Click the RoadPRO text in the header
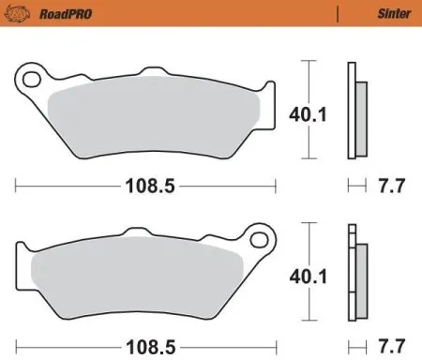point(50,13)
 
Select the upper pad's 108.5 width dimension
point(150,186)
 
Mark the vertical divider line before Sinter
point(337,13)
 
